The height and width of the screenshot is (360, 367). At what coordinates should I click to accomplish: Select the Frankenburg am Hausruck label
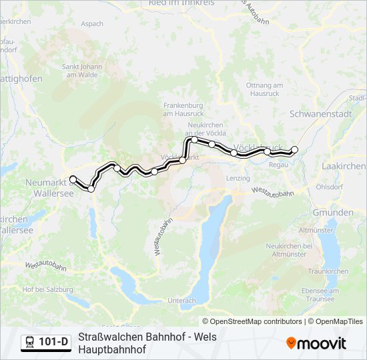[x=181, y=109]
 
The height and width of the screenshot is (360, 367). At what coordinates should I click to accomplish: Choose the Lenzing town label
[x=238, y=178]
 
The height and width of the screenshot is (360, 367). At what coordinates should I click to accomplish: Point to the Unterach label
[x=181, y=301]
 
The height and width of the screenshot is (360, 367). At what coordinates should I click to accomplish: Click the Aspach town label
[x=91, y=24]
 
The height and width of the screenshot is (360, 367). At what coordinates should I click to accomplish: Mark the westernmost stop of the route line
[x=73, y=179]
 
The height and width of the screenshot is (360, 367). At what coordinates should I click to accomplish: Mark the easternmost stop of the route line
[x=294, y=149]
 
